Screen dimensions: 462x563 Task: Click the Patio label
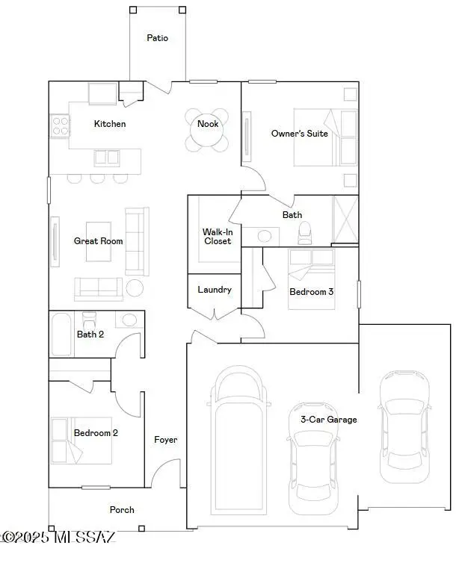pos(157,37)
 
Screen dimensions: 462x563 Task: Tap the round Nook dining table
pos(207,131)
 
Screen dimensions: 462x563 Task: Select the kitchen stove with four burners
pos(60,125)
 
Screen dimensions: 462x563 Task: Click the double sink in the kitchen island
pos(107,158)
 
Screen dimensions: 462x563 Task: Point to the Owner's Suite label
pos(300,134)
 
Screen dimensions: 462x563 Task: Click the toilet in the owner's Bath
pos(304,233)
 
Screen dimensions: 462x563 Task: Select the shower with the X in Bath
pos(345,220)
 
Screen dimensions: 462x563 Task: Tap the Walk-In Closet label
pos(218,237)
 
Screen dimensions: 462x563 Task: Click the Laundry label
pos(215,290)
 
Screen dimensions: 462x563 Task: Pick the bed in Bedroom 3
pos(311,279)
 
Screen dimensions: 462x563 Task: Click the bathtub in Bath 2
pos(61,335)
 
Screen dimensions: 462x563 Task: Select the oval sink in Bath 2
pos(129,320)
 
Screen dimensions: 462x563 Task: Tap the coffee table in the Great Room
pos(99,241)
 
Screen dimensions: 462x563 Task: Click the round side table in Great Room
pos(135,288)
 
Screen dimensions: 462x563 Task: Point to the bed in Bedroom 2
pos(81,441)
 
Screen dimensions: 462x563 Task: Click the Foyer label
pos(165,440)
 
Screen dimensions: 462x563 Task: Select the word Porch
pos(122,509)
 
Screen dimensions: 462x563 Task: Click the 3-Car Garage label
pos(329,420)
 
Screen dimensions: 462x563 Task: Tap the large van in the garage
pos(238,441)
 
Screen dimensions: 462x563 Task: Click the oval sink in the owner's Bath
pos(264,236)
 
